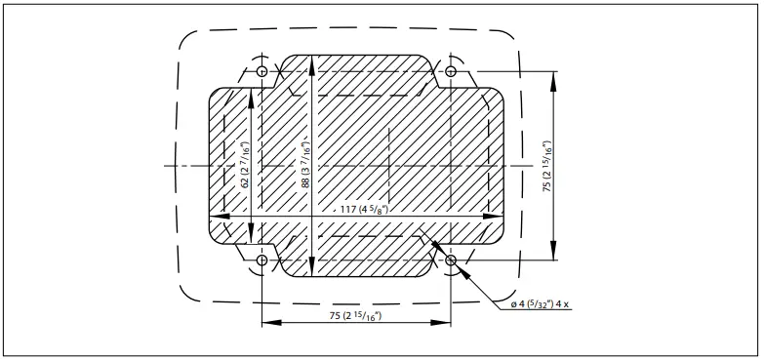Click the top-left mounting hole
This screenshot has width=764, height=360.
click(261, 72)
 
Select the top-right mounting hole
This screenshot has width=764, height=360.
click(451, 72)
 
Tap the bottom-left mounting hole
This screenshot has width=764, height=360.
click(261, 261)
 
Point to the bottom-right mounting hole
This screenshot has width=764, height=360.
click(451, 261)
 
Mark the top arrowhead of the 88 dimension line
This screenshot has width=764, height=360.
click(311, 60)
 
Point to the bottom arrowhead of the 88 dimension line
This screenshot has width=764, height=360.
click(311, 273)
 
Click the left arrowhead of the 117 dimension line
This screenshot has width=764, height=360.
click(215, 216)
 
